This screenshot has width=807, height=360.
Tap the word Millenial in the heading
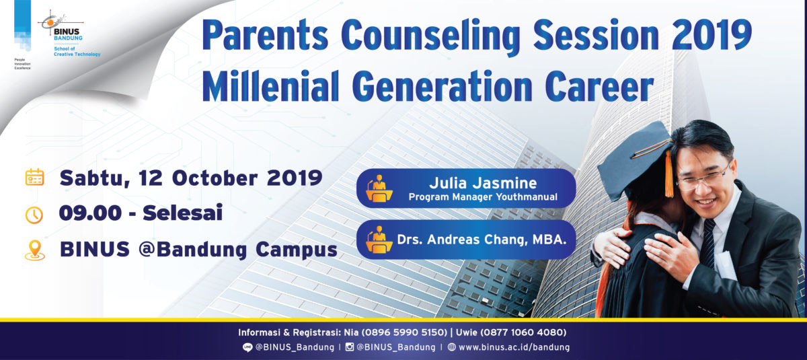[x=271, y=86]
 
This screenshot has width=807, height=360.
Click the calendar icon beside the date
[x=34, y=177]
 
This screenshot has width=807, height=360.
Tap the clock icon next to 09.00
[x=34, y=215]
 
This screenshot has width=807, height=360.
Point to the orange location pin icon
[x=34, y=250]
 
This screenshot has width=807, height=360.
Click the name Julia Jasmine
[x=483, y=183]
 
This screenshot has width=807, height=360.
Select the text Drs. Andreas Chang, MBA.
[x=482, y=240]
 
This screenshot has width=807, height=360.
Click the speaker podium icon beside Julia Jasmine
[x=379, y=188]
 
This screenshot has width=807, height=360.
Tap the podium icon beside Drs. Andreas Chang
[x=379, y=240]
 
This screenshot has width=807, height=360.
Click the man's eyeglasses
[x=704, y=179]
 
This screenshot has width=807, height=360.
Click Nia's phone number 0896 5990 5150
[x=405, y=332]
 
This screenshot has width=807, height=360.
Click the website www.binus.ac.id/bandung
[x=514, y=347]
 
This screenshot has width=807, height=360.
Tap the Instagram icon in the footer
[x=350, y=347]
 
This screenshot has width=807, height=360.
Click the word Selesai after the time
[x=182, y=213]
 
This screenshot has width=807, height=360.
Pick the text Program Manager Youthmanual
[x=483, y=197]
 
